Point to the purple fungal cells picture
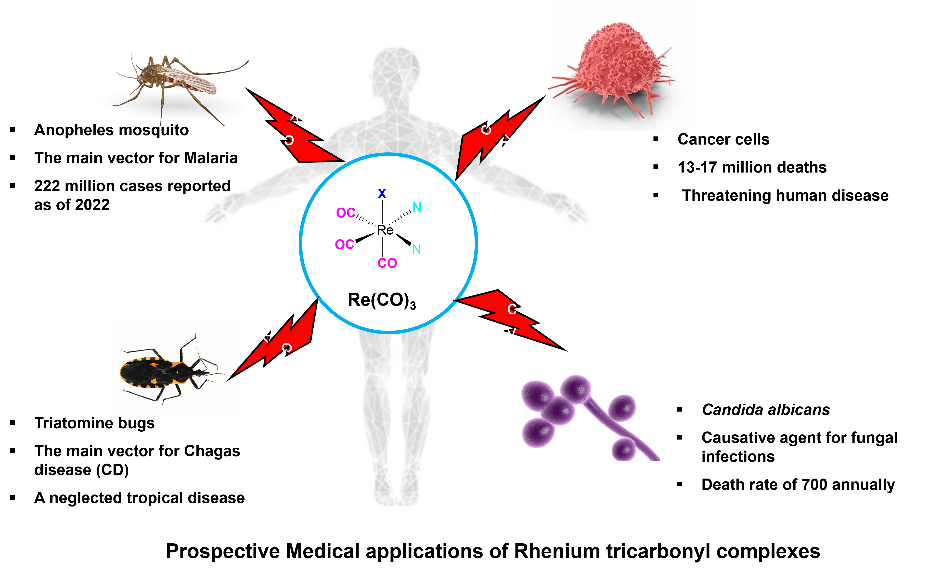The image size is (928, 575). coord(585,415)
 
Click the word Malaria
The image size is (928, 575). coord(211,158)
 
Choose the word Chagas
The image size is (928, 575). coord(212,451)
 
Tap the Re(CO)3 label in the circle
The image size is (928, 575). coord(382,300)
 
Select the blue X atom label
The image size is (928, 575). coord(382,194)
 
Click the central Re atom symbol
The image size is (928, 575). coord(385,230)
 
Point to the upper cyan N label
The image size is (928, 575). coord(417,208)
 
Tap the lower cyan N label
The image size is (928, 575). coord(416,250)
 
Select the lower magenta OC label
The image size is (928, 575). coord(345,244)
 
